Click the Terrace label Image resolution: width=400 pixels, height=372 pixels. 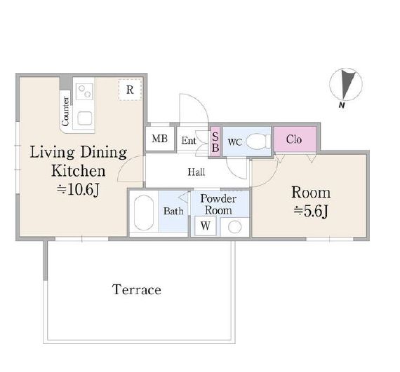[x=136, y=290]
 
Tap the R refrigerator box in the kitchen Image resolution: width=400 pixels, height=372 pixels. [x=130, y=90]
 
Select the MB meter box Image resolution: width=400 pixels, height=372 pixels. [x=160, y=139]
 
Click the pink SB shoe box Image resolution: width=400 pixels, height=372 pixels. [x=215, y=142]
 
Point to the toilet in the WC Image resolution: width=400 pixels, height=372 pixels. [x=258, y=141]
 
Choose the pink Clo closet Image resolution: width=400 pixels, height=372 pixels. [x=295, y=139]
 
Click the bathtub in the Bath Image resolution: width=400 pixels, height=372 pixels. [x=144, y=212]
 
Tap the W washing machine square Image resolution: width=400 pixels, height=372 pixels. [x=206, y=226]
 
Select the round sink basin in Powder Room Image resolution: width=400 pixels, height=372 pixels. [x=234, y=227]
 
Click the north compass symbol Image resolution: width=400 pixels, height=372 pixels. [x=346, y=85]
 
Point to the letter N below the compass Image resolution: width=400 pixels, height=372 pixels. [x=342, y=105]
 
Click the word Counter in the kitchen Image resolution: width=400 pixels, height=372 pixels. [x=65, y=111]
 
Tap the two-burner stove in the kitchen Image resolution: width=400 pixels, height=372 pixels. [x=85, y=91]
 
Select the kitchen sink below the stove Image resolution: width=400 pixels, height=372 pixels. [x=85, y=118]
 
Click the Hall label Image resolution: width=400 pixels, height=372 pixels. [x=196, y=172]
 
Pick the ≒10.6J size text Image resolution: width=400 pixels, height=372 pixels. [x=78, y=190]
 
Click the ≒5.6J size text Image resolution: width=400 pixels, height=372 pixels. [x=311, y=211]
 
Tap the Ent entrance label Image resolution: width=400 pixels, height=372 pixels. [x=189, y=141]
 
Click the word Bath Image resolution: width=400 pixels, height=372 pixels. [x=173, y=211]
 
